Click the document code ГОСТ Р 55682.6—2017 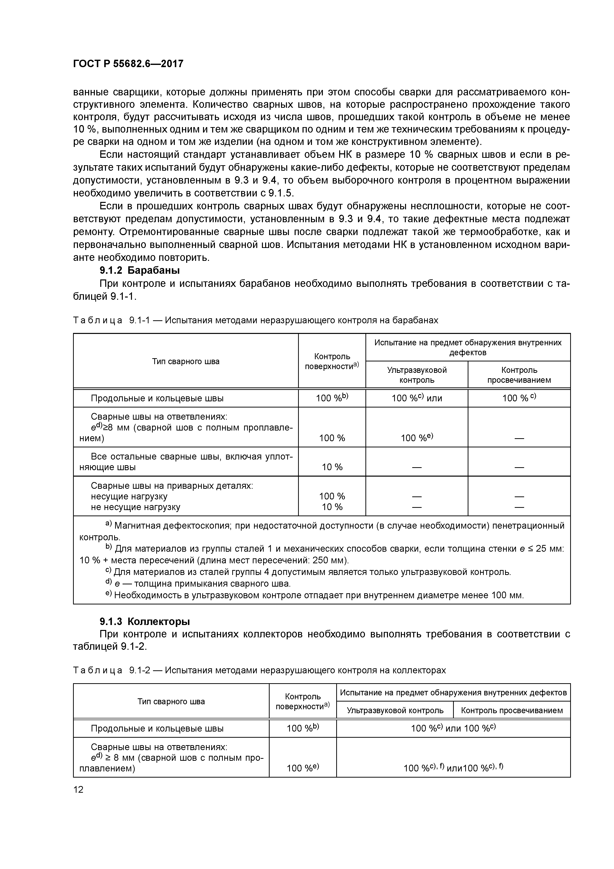[128, 64]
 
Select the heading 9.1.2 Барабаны [139, 270]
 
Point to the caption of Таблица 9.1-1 [255, 320]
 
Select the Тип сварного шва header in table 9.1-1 [185, 361]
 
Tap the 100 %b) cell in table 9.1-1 [332, 398]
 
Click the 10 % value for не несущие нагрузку [332, 507]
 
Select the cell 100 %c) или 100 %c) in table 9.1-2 [453, 728]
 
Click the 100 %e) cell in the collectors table [303, 768]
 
